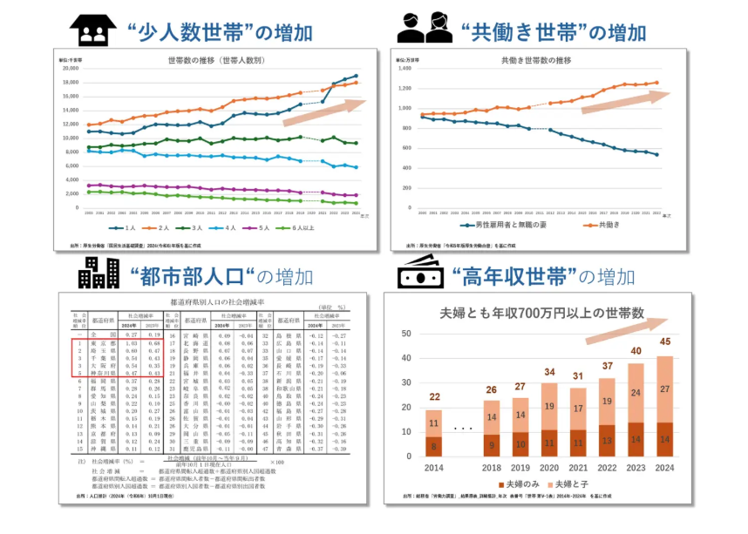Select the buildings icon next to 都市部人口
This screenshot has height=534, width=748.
tap(99, 274)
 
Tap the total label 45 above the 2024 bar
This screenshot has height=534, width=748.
tap(665, 341)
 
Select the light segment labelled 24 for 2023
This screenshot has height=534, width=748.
tap(636, 393)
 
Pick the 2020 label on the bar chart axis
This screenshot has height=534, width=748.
tap(549, 467)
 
